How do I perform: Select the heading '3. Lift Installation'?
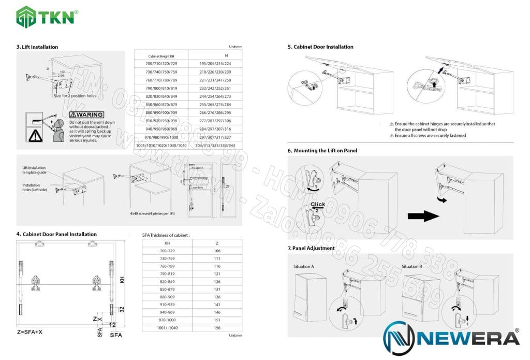pos(37,47)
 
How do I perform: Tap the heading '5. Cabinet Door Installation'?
pos(320,47)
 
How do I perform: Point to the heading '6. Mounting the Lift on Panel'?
pos(322,151)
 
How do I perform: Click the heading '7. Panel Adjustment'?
pos(311,248)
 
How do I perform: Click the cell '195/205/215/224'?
pos(215,64)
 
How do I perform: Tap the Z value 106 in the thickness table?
pos(217,251)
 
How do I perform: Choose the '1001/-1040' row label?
pos(167,328)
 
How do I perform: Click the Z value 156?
pos(217,328)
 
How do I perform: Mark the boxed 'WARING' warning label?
pos(86,114)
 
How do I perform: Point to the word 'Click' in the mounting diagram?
pos(318,205)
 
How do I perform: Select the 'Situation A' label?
pos(304,266)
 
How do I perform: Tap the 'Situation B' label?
pos(413,266)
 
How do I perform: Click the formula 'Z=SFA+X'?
pos(31,330)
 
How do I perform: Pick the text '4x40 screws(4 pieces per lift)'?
pos(153,213)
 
